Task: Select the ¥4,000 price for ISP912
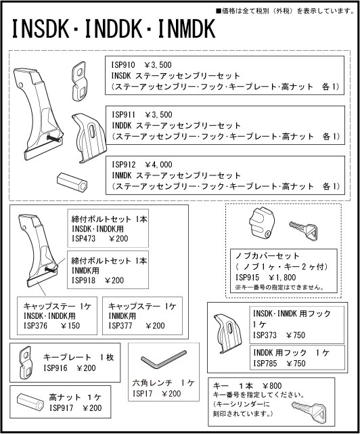pyautogui.click(x=159, y=165)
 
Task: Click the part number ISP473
pyautogui.click(x=84, y=238)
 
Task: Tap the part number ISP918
pyautogui.click(x=84, y=279)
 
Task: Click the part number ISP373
pyautogui.click(x=266, y=334)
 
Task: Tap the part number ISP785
pyautogui.click(x=266, y=364)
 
